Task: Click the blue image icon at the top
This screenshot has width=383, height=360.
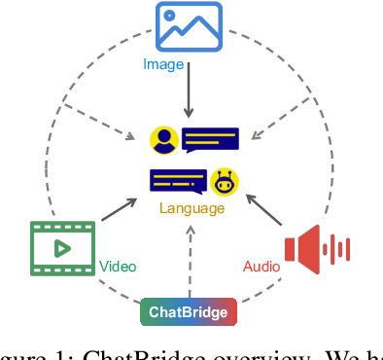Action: pos(190,26)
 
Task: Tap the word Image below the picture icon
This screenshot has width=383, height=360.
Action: pos(163,64)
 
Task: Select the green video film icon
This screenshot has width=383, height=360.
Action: pos(61,247)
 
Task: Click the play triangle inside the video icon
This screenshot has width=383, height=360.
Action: pos(61,247)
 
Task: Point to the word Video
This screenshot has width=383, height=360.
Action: pos(118,267)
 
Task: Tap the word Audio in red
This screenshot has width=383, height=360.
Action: pos(261,267)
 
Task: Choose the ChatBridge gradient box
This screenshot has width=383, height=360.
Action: pos(189,312)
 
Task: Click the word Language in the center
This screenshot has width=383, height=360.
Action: pos(192,208)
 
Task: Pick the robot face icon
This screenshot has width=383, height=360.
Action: pos(226,181)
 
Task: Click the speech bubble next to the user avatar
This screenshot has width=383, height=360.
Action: pos(209,139)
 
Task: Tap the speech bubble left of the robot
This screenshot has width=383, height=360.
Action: pos(177,181)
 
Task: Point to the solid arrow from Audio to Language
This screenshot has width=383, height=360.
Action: pos(264,213)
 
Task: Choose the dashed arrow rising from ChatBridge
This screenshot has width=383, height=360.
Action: pos(191,258)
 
